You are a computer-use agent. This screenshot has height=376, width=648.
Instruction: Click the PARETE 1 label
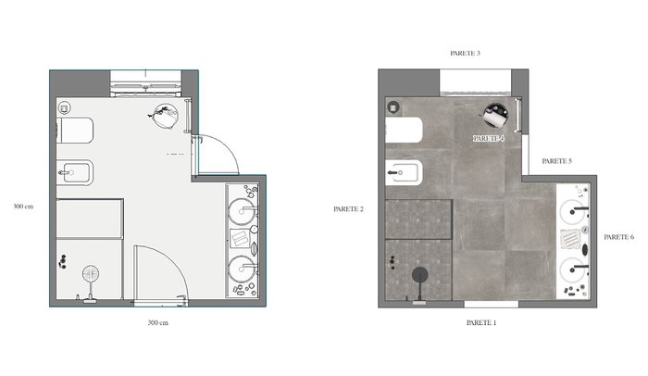tap(481, 322)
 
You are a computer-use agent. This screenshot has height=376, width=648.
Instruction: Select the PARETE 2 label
tap(348, 209)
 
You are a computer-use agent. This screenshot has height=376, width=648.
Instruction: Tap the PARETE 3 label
tap(465, 54)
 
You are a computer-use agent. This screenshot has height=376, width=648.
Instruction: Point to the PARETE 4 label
tap(489, 139)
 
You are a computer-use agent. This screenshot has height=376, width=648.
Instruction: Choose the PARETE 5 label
tap(556, 161)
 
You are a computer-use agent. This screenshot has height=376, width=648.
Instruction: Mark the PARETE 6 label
tap(618, 237)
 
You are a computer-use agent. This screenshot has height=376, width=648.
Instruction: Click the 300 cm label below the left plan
tap(158, 322)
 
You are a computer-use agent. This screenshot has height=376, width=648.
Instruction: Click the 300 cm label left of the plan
tap(23, 207)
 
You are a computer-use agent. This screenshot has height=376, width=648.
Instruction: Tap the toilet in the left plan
tap(75, 131)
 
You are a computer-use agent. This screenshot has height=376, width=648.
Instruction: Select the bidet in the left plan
tap(75, 172)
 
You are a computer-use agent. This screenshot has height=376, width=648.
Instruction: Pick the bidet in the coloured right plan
tap(404, 172)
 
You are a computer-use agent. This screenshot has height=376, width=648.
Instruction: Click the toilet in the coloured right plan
tap(404, 131)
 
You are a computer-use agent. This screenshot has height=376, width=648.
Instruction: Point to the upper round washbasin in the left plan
tap(242, 212)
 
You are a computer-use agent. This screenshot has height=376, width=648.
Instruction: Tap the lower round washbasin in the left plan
tap(242, 269)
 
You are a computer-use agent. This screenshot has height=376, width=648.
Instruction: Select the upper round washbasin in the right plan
tap(572, 212)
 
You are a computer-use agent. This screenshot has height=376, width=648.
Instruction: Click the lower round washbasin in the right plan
tap(572, 269)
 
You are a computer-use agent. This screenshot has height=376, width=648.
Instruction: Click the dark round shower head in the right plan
tap(420, 275)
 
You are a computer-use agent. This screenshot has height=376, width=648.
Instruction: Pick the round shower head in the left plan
tap(91, 274)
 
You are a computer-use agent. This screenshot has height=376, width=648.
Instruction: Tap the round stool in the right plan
tap(495, 115)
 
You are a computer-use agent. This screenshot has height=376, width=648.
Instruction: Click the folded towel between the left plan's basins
tap(240, 238)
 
